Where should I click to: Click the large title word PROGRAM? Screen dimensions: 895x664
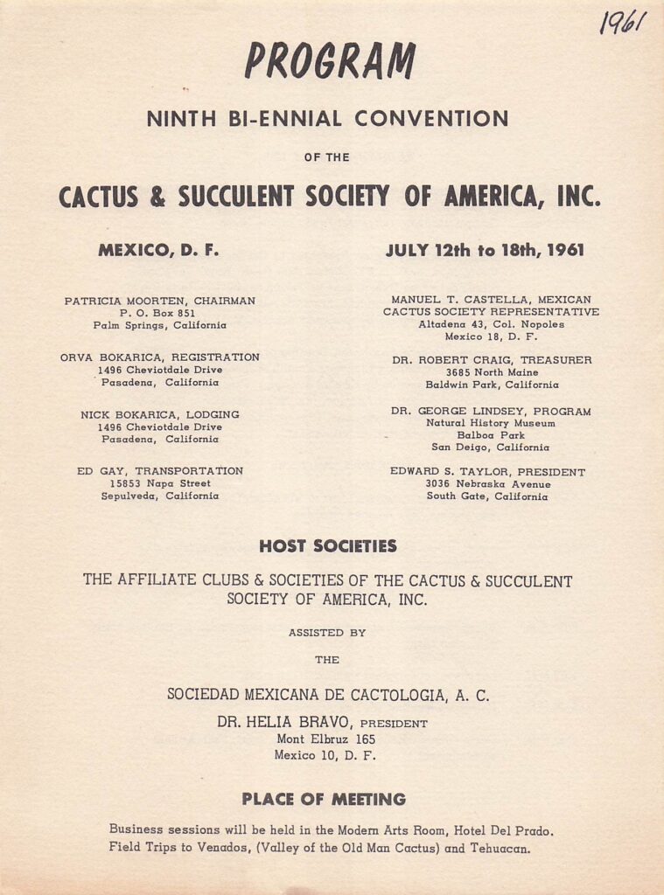pos(329,61)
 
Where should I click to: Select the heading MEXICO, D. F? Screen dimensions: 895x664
pos(158,251)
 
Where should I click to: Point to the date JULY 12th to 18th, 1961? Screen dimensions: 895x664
pos(485,251)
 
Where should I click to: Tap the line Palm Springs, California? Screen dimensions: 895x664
pos(159,325)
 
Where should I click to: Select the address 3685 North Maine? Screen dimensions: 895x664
pos(491,371)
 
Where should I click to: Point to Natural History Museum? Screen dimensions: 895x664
pos(491,423)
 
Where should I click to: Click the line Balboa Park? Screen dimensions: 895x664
pos(491,435)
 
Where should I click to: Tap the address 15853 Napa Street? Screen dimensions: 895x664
pos(159,483)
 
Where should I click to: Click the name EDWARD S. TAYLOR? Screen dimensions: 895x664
pos(447,471)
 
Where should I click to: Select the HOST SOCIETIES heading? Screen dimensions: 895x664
pos(328,547)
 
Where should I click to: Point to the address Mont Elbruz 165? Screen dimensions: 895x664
pos(325,739)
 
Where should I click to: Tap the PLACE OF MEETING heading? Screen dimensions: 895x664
pos(324,799)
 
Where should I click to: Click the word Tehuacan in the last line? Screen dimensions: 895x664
pos(500,848)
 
